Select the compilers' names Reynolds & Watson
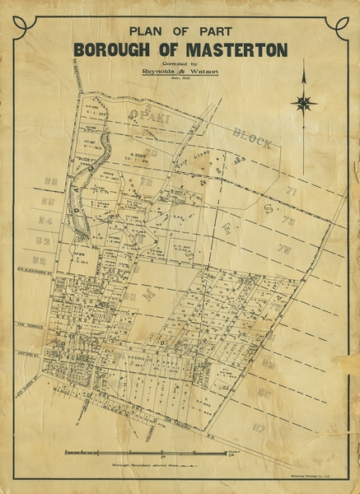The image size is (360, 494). (x=180, y=72)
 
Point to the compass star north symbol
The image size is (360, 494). (x=305, y=103)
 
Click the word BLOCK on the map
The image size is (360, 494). (x=251, y=137)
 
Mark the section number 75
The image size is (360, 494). (x=283, y=249)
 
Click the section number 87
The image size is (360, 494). (x=259, y=427)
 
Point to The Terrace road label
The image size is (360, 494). (x=28, y=324)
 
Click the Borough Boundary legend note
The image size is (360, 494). (x=157, y=465)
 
